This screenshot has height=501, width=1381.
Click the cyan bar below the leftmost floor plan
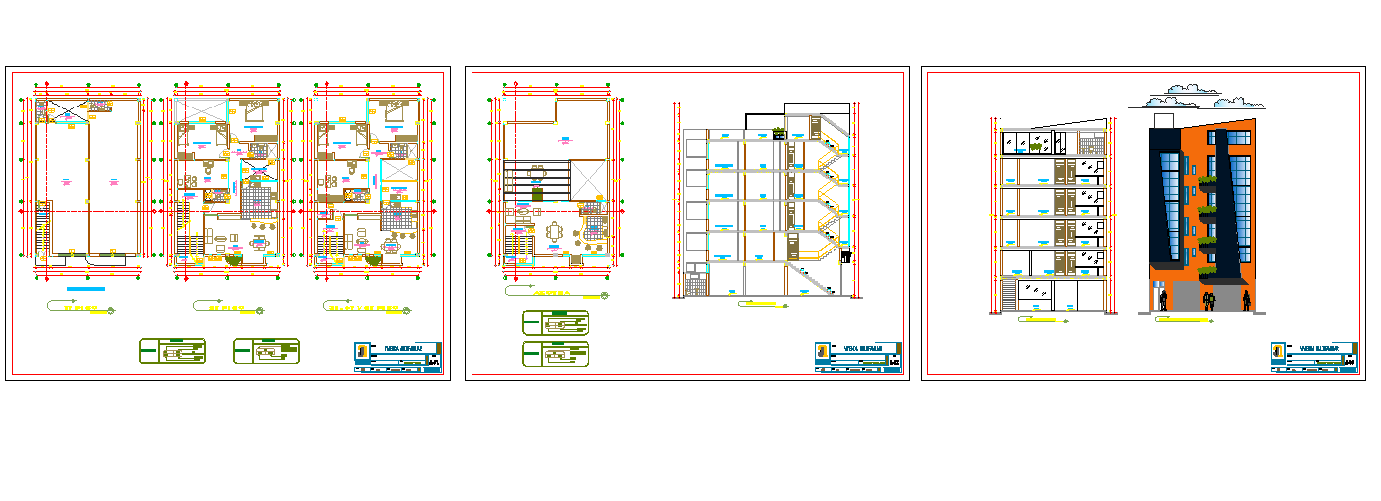(x=85, y=289)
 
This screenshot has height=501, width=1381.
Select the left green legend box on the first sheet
(x=173, y=350)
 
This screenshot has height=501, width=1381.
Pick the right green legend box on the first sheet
(x=265, y=350)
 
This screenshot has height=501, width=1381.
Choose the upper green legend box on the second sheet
(x=554, y=322)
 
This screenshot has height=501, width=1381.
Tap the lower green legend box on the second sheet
(x=554, y=353)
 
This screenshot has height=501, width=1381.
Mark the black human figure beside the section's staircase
(x=845, y=256)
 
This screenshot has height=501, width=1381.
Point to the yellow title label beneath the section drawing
(x=762, y=305)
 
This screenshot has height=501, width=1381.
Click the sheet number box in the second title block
(x=894, y=363)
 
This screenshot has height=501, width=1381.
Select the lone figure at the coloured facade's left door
(x=1164, y=299)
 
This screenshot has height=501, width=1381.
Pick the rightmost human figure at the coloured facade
(x=1247, y=299)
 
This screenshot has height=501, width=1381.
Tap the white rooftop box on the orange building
(x=1164, y=121)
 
